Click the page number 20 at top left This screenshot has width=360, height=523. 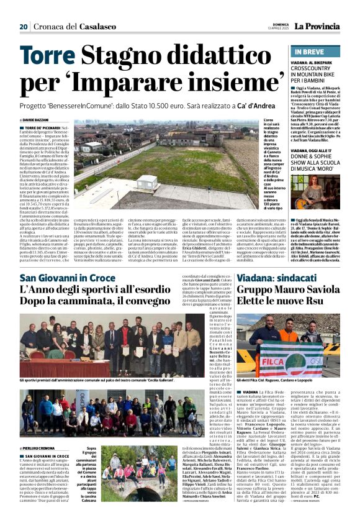(x=24, y=27)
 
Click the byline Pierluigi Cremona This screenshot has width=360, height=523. (x=40, y=448)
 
